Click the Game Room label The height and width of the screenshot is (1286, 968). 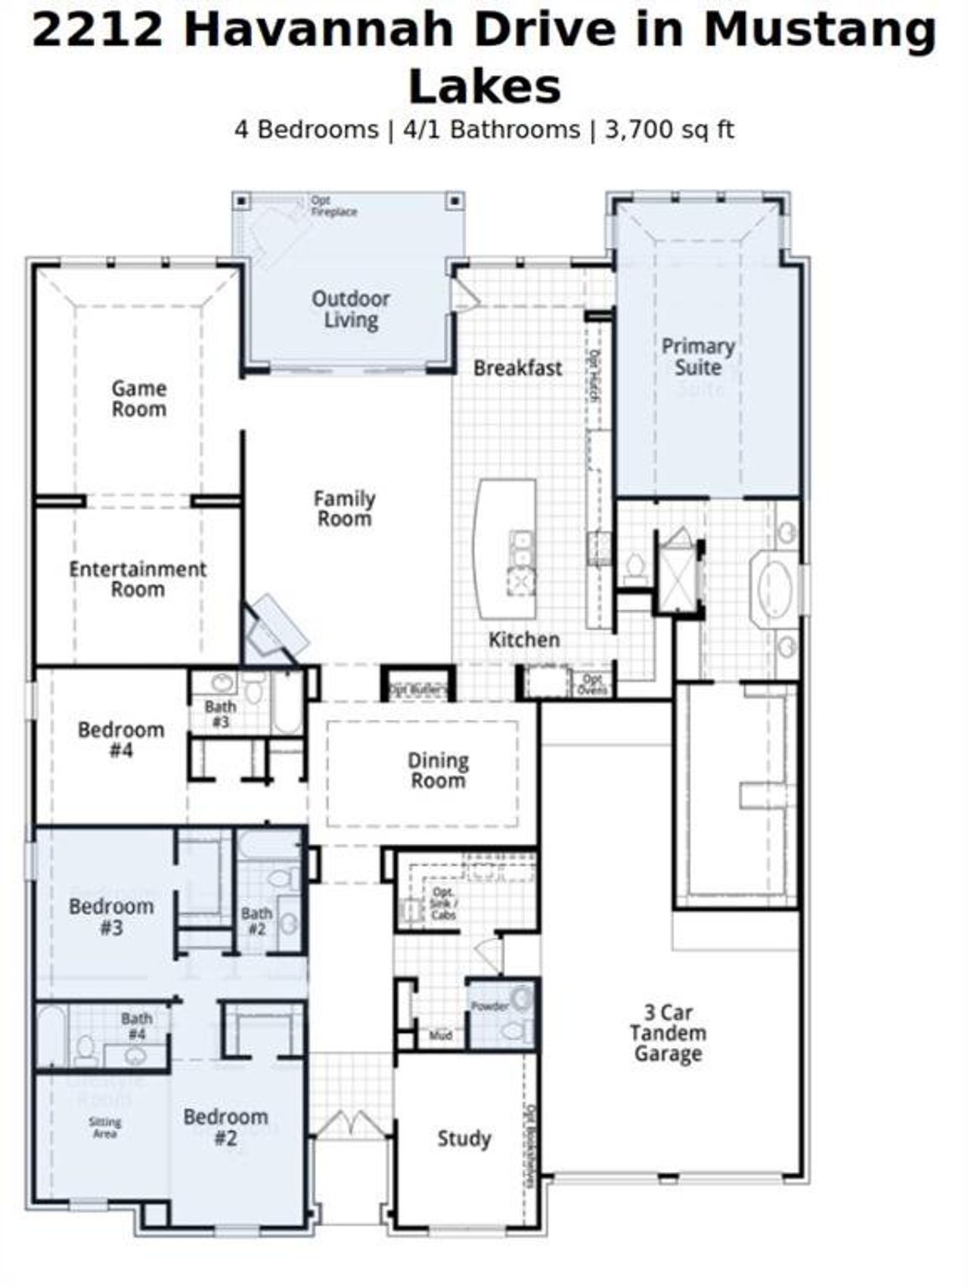pos(139,398)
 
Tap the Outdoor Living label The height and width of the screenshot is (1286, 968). pos(351,308)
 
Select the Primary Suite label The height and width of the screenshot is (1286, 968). pos(698,357)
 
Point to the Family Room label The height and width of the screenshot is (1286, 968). pos(345,508)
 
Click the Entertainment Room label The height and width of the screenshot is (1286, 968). pos(138,578)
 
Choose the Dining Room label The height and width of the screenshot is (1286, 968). pos(438,770)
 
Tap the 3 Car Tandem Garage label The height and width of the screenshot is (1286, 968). pos(668,1033)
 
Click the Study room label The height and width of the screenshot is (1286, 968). pos(464,1138)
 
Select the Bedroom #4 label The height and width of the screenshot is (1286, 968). pos(121,739)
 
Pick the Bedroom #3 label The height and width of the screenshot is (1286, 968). pos(111,916)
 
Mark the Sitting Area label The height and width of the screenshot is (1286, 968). pos(104,1127)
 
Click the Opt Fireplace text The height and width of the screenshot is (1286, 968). pos(334,206)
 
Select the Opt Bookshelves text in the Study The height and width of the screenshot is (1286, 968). pos(530,1145)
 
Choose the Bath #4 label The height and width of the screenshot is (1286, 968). pos(137,1026)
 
